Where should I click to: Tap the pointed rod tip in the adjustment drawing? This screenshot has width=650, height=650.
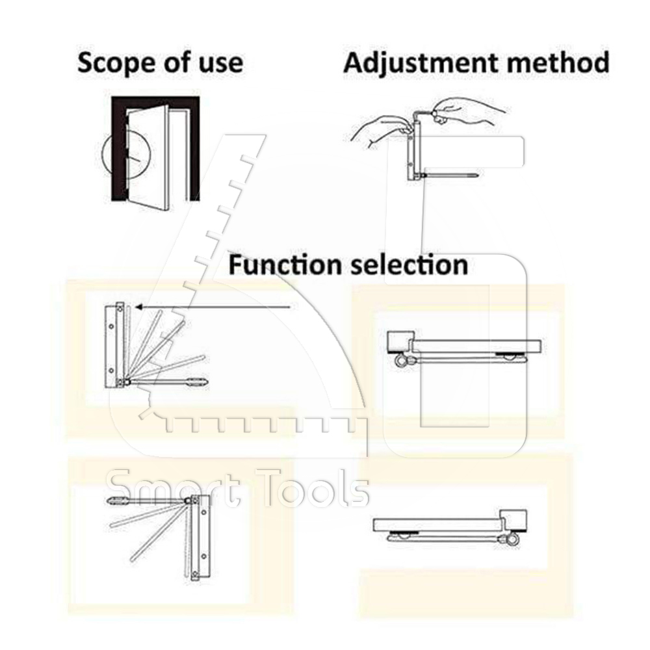(x=474, y=175)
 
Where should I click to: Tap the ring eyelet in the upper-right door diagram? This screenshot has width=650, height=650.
(x=401, y=361)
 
